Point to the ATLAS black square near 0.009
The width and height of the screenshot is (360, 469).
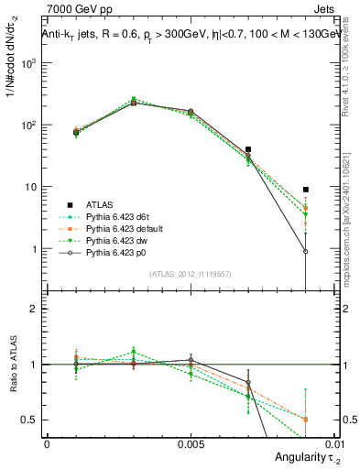click(306, 190)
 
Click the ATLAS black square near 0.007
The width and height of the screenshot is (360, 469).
click(248, 148)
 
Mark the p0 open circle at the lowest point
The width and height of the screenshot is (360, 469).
click(306, 251)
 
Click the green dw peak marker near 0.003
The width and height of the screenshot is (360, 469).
click(134, 99)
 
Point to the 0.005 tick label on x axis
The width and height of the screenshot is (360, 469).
click(191, 442)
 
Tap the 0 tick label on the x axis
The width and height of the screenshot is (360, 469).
click(47, 442)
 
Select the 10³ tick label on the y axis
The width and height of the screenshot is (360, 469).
click(31, 63)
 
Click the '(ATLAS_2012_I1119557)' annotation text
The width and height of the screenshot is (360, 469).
click(191, 274)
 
